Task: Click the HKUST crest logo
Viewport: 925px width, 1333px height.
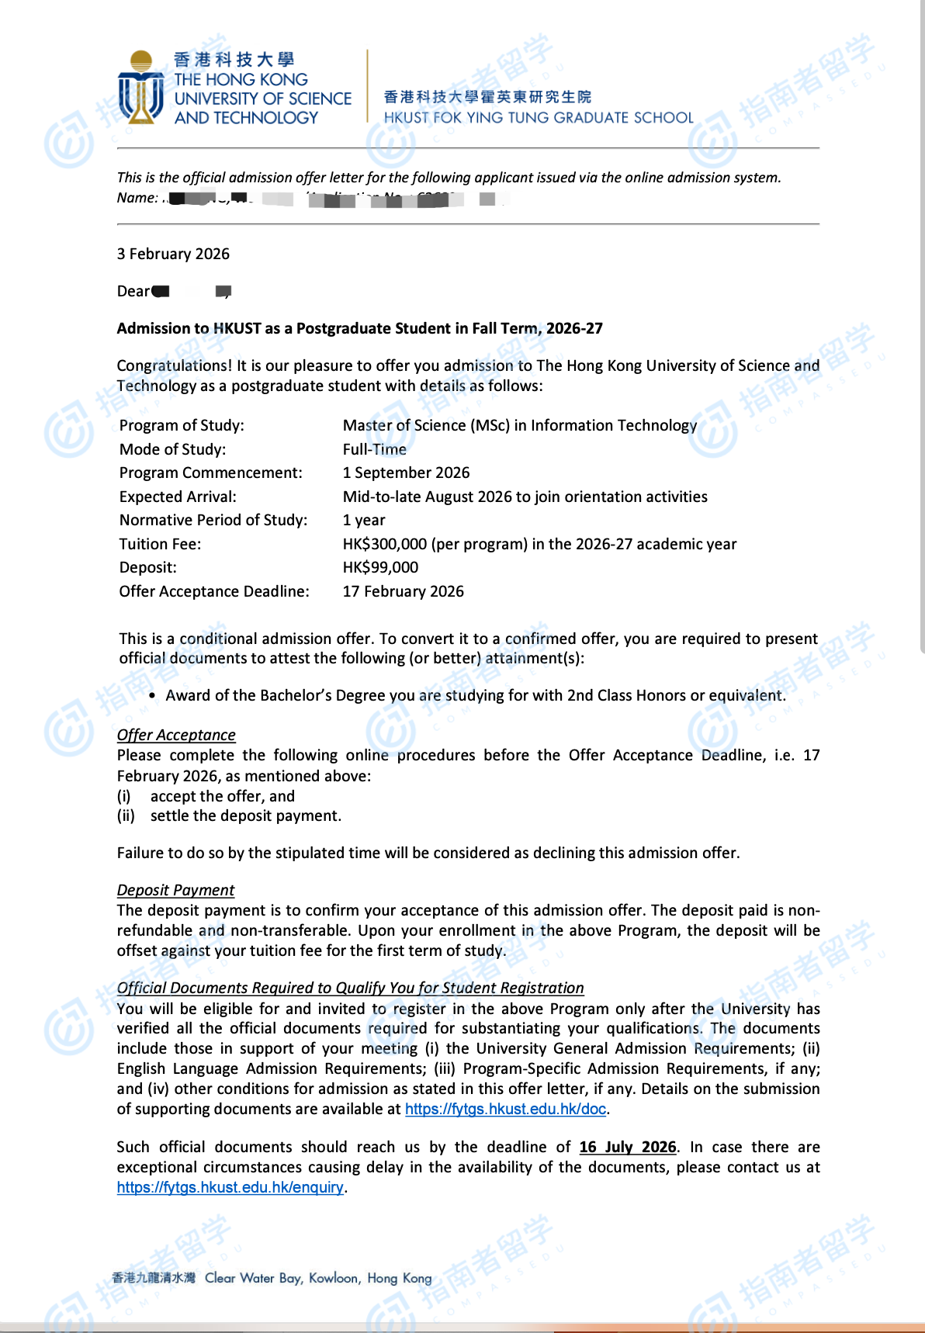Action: [140, 88]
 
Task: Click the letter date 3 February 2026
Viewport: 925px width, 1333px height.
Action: [173, 254]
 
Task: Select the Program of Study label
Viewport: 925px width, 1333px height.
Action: [182, 425]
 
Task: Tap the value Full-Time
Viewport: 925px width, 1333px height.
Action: [374, 449]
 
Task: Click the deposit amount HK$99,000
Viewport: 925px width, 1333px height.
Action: [380, 567]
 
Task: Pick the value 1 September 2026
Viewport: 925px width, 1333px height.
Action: [406, 473]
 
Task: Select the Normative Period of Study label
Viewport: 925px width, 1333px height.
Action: [213, 520]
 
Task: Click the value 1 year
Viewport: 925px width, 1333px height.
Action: [364, 520]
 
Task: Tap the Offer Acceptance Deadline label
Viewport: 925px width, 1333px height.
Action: [214, 591]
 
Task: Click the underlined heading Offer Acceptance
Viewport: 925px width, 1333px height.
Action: [176, 735]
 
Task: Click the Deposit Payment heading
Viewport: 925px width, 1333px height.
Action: [175, 890]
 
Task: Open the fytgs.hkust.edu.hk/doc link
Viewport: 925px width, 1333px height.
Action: [505, 1109]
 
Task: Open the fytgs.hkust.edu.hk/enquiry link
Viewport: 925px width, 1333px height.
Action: [230, 1187]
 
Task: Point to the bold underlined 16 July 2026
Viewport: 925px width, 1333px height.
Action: [628, 1147]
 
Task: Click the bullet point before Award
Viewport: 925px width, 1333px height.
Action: [152, 695]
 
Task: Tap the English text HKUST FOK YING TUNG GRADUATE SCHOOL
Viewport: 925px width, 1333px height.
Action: [539, 118]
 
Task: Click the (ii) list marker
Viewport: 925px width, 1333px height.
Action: [126, 815]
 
